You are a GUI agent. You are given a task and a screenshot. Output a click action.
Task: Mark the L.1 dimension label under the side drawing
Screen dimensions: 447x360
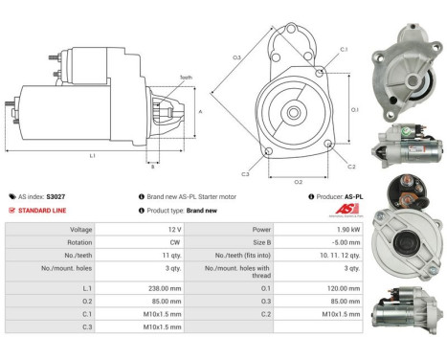(x=91, y=154)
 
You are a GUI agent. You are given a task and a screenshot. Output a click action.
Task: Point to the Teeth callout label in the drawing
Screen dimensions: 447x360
(x=186, y=79)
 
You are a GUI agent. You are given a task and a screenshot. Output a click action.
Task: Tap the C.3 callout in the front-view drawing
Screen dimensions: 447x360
(x=245, y=174)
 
